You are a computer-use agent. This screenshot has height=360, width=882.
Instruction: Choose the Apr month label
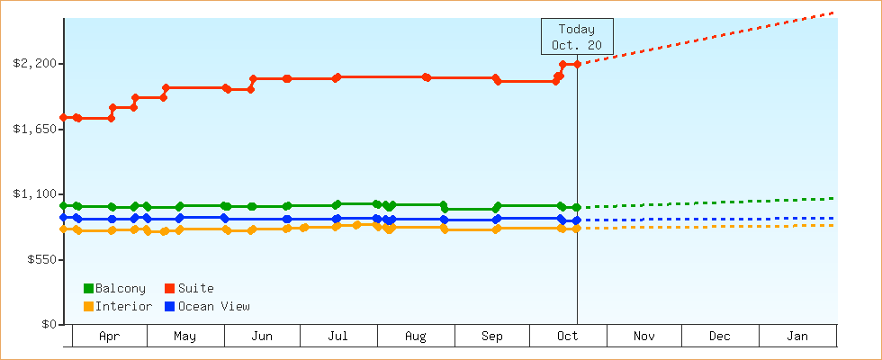tap(109, 337)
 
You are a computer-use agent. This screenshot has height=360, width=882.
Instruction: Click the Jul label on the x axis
tap(338, 337)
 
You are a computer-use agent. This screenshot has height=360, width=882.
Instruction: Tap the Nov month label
tap(643, 337)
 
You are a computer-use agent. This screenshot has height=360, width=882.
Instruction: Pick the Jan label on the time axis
tap(797, 337)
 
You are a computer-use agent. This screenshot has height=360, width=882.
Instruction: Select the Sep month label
tap(492, 337)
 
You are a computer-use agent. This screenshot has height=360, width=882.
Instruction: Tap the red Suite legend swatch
tap(169, 288)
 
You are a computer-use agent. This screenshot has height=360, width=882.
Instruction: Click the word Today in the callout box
tap(577, 29)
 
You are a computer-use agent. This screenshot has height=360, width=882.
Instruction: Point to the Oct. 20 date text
tap(577, 45)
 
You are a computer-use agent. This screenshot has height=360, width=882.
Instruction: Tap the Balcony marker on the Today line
tap(577, 207)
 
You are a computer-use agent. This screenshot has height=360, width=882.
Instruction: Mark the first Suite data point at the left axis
tap(64, 117)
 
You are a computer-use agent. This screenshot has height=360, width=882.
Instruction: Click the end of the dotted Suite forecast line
tap(834, 13)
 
